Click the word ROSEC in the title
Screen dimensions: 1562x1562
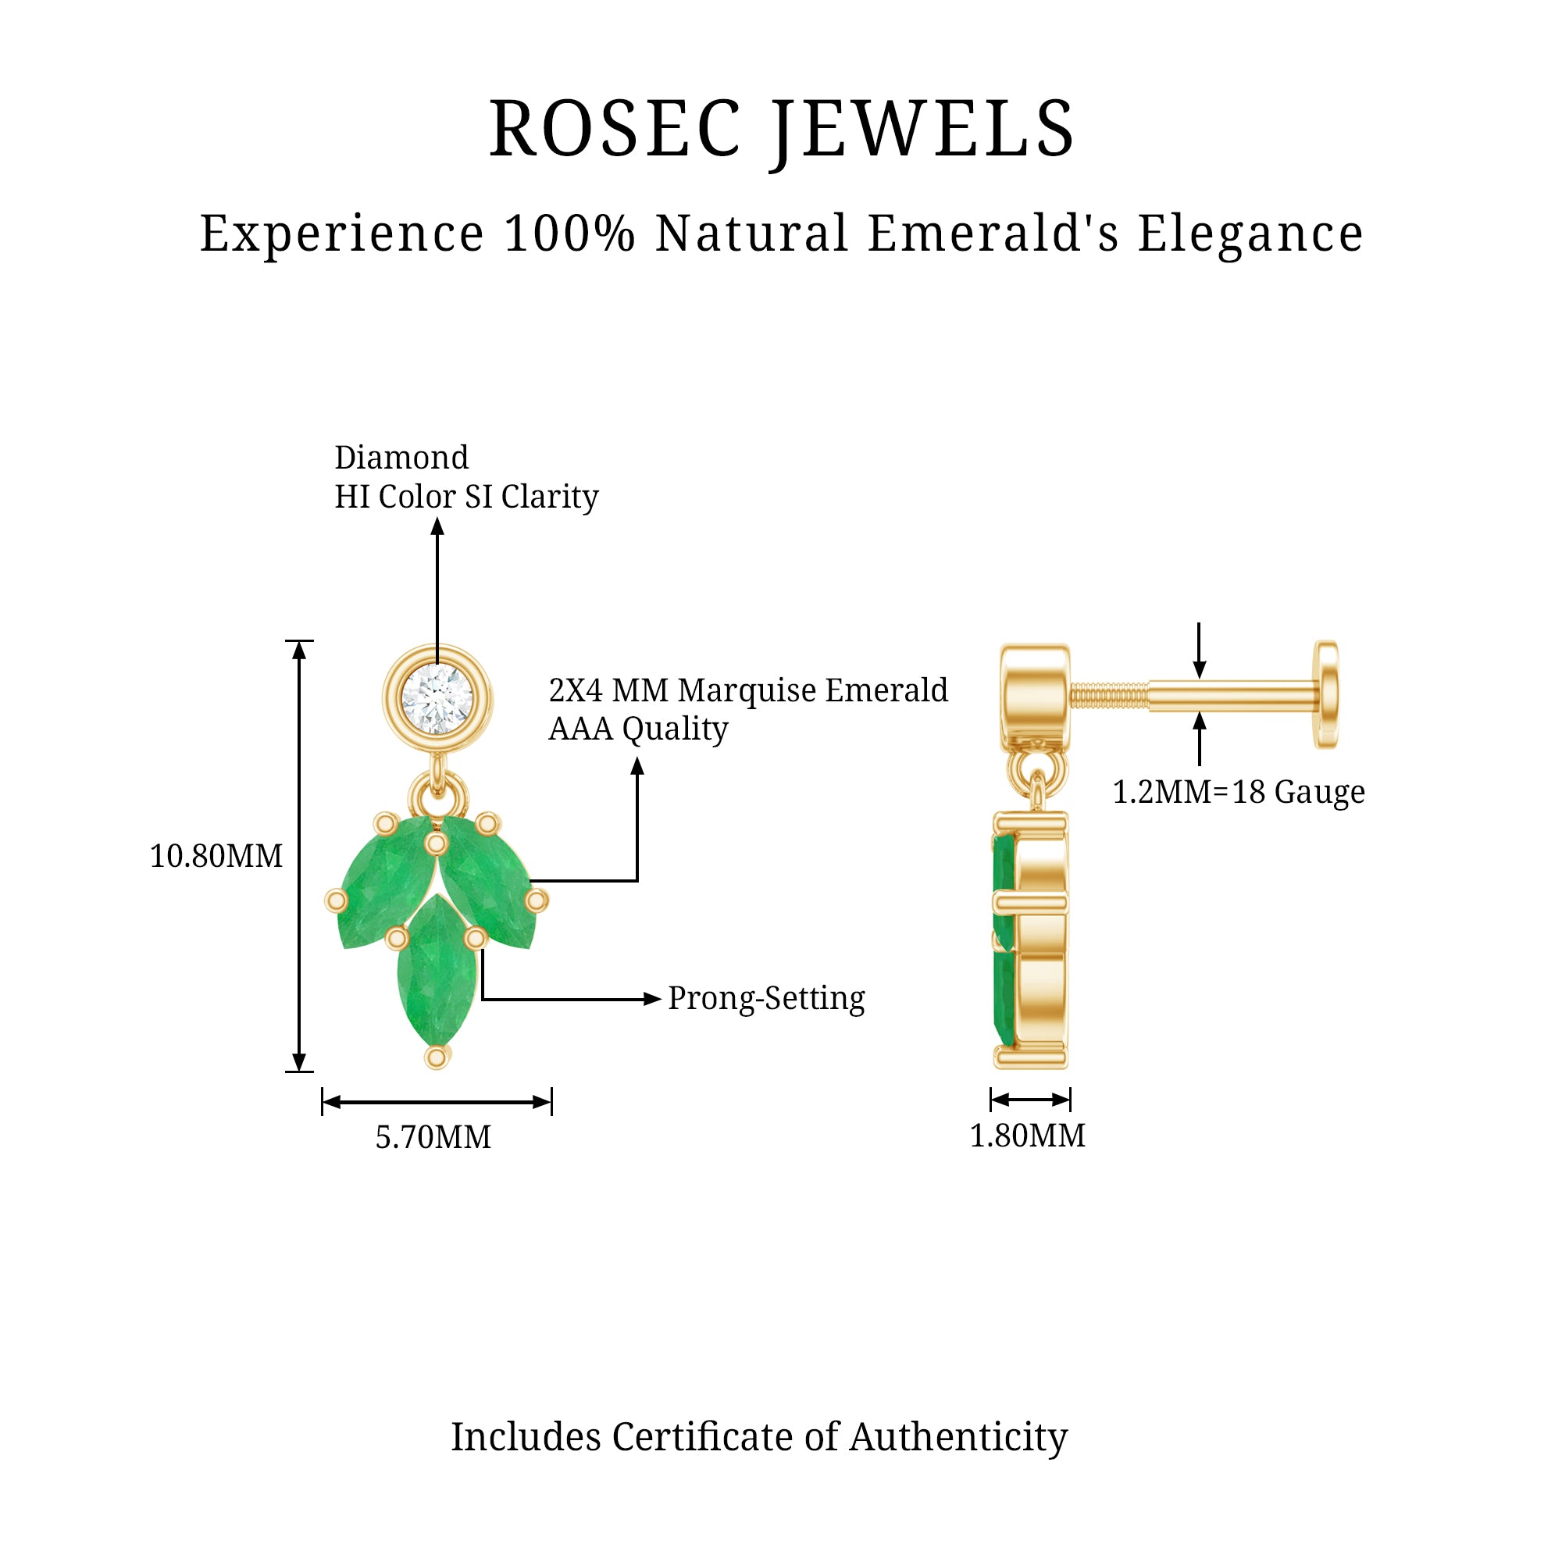pyautogui.click(x=615, y=129)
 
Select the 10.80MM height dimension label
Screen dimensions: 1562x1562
pyautogui.click(x=216, y=856)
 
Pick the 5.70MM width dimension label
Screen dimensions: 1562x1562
pyautogui.click(x=433, y=1138)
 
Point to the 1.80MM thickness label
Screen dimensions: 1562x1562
pyautogui.click(x=1028, y=1136)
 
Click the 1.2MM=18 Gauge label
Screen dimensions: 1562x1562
pyautogui.click(x=1239, y=791)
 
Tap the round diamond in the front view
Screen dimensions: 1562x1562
pyautogui.click(x=437, y=700)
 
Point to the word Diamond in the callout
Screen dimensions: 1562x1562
pyautogui.click(x=401, y=458)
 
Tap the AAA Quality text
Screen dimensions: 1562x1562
pyautogui.click(x=639, y=729)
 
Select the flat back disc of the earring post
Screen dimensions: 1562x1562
pyautogui.click(x=1326, y=694)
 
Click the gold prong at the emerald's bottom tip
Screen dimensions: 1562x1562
pyautogui.click(x=437, y=1057)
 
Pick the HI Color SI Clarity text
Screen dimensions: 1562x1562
pyautogui.click(x=466, y=497)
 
